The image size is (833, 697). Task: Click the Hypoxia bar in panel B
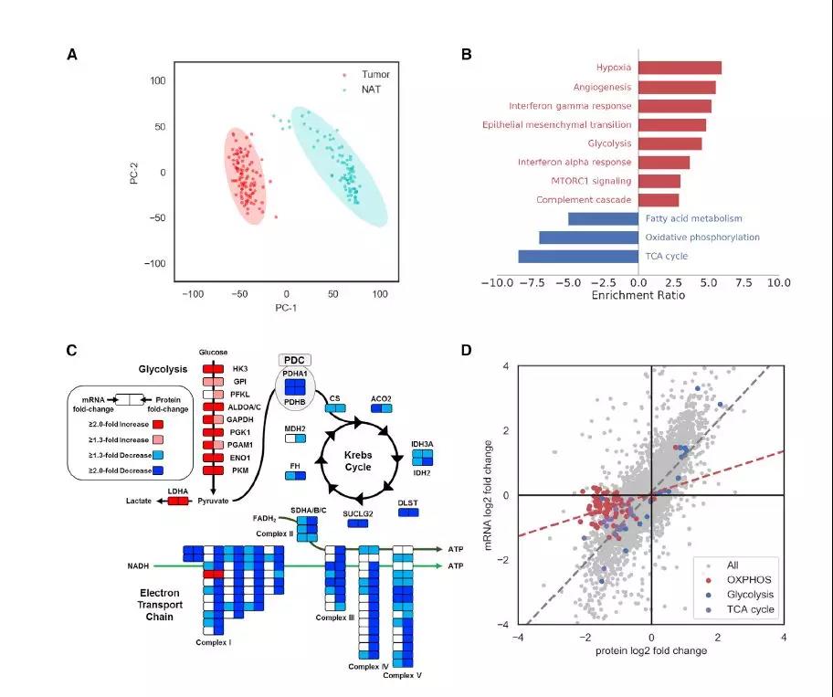click(680, 68)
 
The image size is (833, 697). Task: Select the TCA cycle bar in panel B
click(578, 257)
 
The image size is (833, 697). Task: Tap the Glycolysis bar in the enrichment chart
click(670, 143)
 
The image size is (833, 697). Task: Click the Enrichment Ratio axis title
click(637, 297)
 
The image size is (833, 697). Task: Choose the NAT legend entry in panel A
click(371, 90)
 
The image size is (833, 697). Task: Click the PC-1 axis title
click(286, 308)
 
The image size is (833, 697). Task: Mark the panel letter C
click(72, 350)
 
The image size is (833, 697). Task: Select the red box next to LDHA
click(177, 501)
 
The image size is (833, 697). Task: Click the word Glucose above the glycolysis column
click(212, 352)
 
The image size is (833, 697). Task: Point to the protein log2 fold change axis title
click(651, 653)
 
